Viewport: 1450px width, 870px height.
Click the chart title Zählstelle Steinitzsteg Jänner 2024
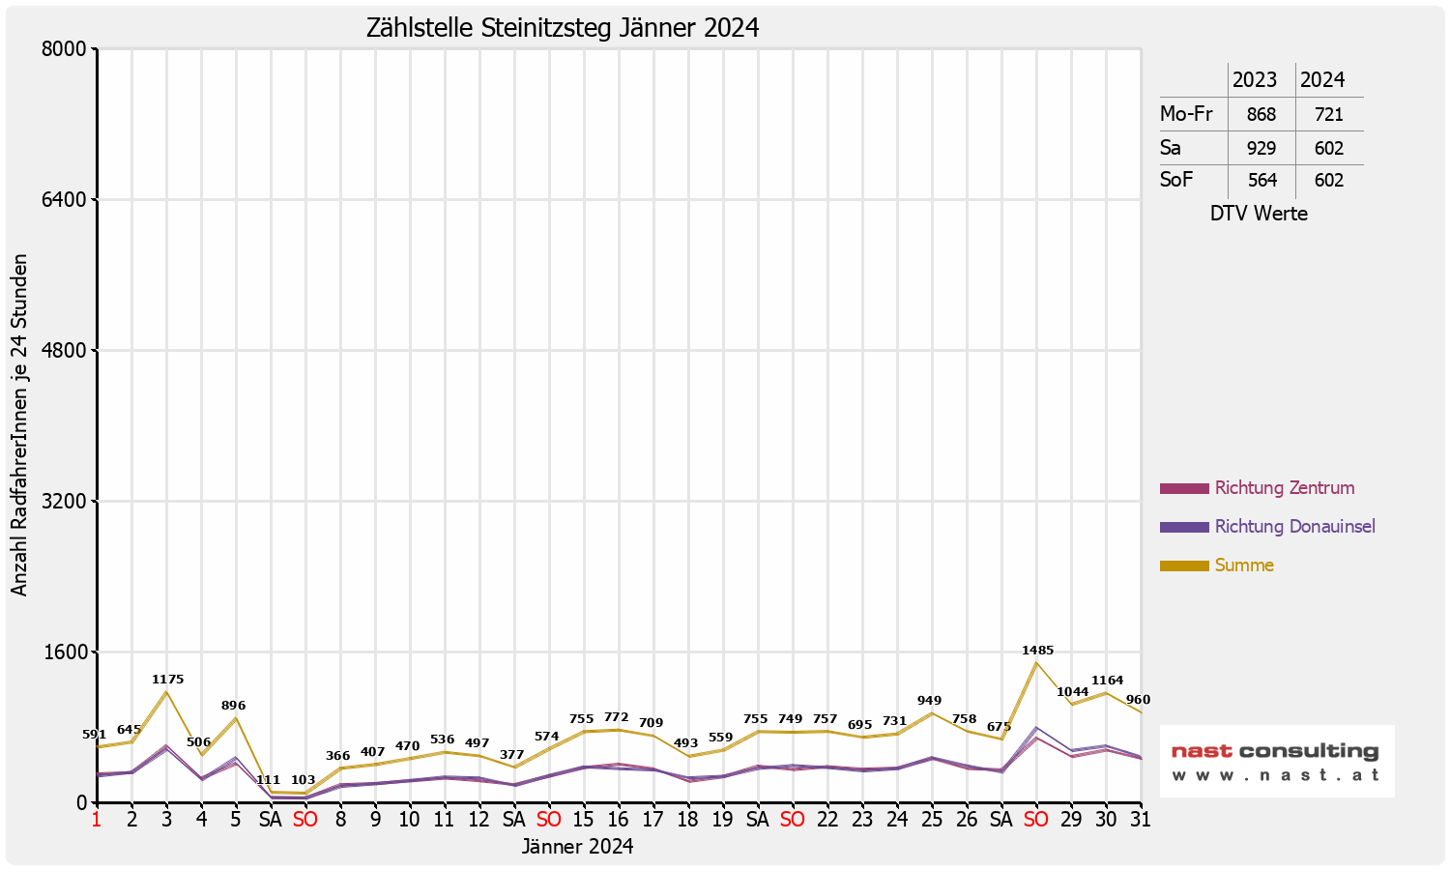(x=563, y=28)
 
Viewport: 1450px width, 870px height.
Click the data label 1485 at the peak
(x=1038, y=651)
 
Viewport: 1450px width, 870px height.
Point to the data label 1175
(x=167, y=680)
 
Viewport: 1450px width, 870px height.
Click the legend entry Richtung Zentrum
(x=1284, y=488)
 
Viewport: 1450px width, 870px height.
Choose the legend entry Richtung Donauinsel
(x=1294, y=527)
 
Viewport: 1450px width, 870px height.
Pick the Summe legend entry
(x=1244, y=565)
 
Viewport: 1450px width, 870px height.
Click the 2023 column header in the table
(x=1255, y=80)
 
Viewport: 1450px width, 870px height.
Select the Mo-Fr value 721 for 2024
(x=1329, y=115)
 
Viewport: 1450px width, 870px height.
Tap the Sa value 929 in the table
(x=1261, y=149)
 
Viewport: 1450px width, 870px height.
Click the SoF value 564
(x=1261, y=181)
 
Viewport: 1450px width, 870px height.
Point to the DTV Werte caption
(x=1259, y=214)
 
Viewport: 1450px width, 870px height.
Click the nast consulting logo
(x=1276, y=762)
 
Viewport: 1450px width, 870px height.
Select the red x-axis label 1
(x=97, y=820)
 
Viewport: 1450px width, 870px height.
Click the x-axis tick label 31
(x=1141, y=820)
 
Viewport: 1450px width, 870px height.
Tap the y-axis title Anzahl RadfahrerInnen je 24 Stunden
(x=20, y=425)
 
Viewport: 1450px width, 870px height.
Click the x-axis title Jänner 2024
(x=577, y=847)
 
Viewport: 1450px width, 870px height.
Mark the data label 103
(x=304, y=780)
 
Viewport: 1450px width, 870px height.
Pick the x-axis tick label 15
(x=583, y=820)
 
